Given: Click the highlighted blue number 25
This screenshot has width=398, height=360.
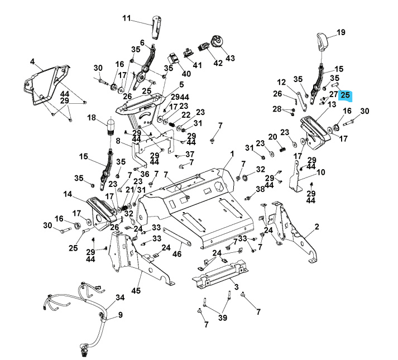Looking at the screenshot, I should click(345, 95).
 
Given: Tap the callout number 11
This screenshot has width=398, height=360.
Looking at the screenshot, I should click(127, 18).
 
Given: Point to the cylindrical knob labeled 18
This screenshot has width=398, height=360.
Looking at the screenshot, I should click(111, 127).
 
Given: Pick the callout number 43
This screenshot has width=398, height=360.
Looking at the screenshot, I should click(230, 58).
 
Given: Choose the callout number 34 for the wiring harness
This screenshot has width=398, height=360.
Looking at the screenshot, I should click(120, 298).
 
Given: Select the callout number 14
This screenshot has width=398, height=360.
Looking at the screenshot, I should click(68, 194).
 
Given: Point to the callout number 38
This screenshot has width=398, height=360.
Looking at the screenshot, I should click(260, 190).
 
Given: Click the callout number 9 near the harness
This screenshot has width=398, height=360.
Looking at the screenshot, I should click(119, 315).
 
